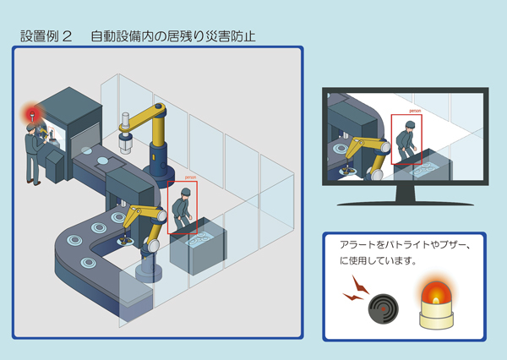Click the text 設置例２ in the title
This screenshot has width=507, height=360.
[x=46, y=36]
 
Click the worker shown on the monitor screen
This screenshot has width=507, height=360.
[x=406, y=139]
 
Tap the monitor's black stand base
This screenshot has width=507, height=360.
[x=405, y=201]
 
